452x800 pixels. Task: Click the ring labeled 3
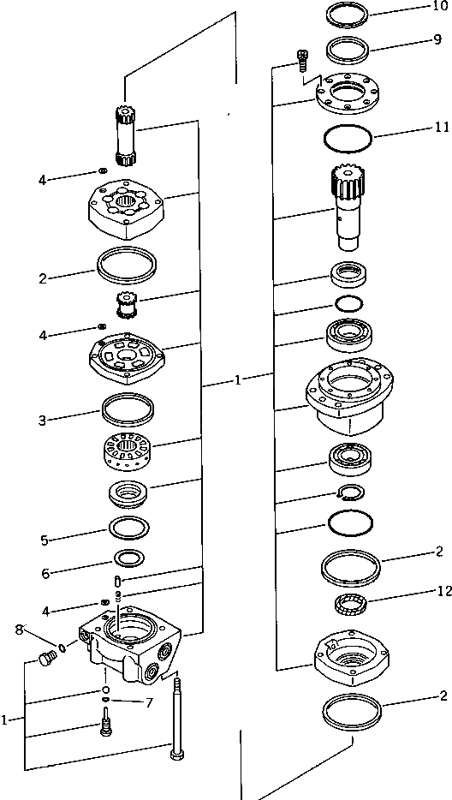[x=127, y=407]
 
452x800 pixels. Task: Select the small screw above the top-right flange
[x=301, y=60]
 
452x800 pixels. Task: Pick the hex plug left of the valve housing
[x=46, y=659]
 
